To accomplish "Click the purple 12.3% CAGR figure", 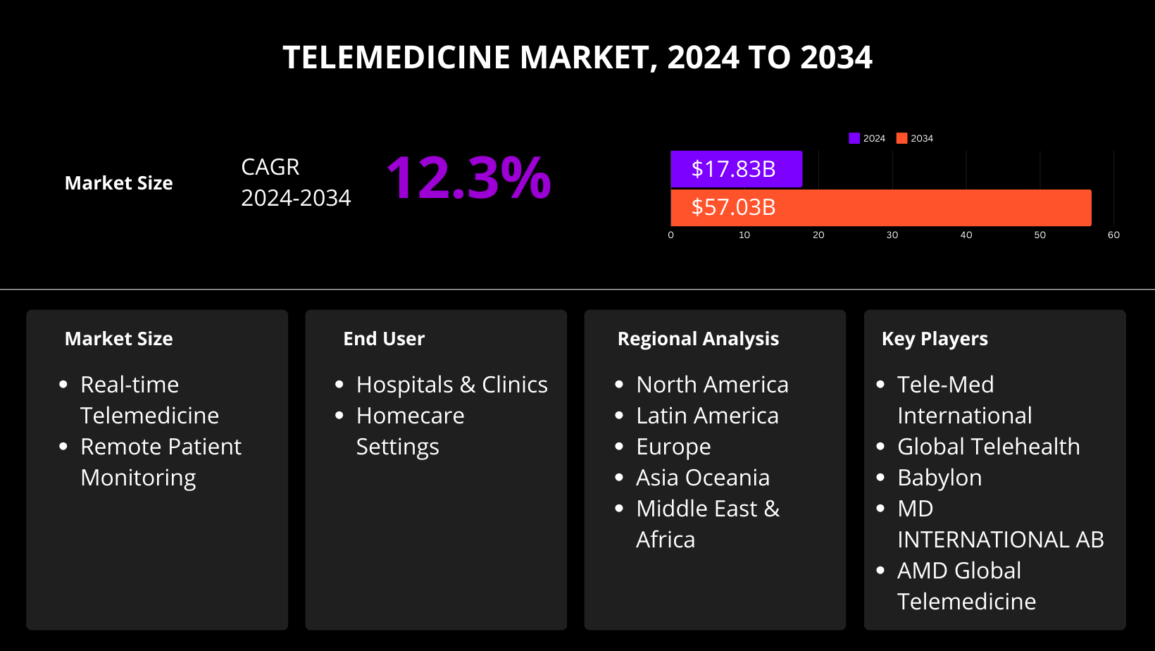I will tap(468, 178).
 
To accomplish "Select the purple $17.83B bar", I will tap(736, 169).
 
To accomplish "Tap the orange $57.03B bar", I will tap(880, 207).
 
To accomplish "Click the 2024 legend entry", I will tap(867, 138).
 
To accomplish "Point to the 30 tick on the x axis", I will tap(892, 235).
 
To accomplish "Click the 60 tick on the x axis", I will tap(1113, 235).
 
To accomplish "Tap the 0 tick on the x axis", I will tap(670, 235).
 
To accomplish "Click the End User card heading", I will tap(384, 339).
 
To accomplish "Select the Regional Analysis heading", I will tap(698, 339).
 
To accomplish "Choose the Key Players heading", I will tap(935, 339).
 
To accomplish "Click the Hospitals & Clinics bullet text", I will tap(451, 385).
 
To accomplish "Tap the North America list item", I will tap(712, 385).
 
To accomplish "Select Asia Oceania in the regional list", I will tap(702, 478).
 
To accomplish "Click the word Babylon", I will tap(939, 478).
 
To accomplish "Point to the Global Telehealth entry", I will tap(988, 447).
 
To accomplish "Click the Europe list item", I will tap(673, 447).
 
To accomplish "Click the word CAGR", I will tap(270, 167).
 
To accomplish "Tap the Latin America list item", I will tap(707, 416).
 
